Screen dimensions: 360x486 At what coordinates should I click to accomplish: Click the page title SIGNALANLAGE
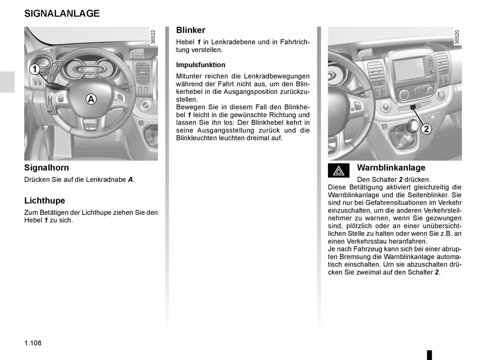(62, 13)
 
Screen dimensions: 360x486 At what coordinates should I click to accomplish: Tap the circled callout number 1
(35, 70)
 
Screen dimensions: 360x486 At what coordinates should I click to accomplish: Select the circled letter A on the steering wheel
(91, 99)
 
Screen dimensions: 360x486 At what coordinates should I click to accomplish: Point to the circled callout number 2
(426, 129)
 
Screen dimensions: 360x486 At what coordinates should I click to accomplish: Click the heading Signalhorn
(47, 168)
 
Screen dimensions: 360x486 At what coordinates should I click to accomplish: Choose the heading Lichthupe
(45, 201)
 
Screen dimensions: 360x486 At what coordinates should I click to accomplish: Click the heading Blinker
(191, 30)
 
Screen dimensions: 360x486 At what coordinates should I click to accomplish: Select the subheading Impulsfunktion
(200, 65)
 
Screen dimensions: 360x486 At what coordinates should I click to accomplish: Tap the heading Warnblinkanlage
(391, 168)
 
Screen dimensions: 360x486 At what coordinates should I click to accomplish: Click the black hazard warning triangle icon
(339, 171)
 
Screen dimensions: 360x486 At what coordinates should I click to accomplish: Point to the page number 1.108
(33, 343)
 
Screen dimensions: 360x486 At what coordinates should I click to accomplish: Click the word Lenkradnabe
(107, 179)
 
